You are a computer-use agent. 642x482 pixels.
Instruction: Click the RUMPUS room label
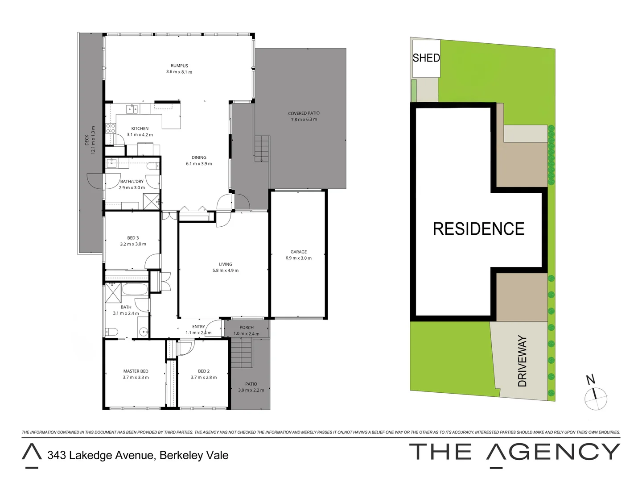(179, 66)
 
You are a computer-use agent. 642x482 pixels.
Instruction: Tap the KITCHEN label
(140, 129)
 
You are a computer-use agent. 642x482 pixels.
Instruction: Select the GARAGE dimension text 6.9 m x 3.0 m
(298, 258)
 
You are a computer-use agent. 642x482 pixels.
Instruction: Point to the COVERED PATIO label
(304, 113)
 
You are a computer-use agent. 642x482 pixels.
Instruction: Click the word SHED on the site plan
(426, 58)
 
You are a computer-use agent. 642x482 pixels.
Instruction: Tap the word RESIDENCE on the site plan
(478, 229)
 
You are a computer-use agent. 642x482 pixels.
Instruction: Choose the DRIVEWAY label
(522, 361)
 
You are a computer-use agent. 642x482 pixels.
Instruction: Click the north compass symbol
(596, 397)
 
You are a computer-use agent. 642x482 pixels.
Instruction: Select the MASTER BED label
(136, 371)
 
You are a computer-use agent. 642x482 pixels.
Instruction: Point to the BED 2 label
(204, 371)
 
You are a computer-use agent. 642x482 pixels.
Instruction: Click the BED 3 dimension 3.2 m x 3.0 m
(133, 244)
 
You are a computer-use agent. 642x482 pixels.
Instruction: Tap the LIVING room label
(225, 264)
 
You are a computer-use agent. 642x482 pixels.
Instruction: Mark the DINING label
(199, 158)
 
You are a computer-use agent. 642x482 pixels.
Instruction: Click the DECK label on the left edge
(87, 140)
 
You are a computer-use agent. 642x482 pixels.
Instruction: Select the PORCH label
(247, 328)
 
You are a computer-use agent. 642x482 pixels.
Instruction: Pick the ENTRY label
(198, 327)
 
